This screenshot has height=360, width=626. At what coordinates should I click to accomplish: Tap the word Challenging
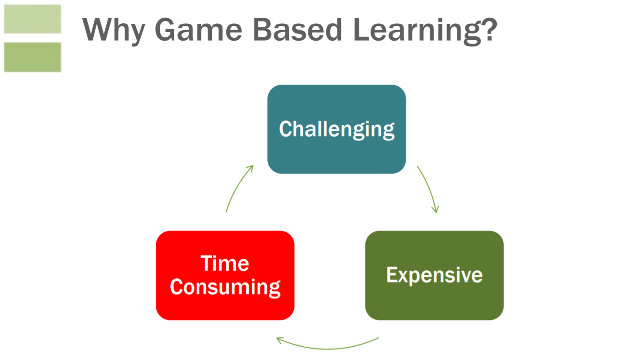(x=336, y=130)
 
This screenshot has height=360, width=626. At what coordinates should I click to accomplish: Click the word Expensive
(x=434, y=275)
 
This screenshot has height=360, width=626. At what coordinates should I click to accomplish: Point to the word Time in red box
(x=225, y=263)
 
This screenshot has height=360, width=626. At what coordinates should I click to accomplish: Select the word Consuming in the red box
(x=225, y=287)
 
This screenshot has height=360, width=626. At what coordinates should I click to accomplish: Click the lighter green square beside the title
(x=33, y=19)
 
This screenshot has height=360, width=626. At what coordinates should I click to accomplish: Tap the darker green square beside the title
(x=33, y=57)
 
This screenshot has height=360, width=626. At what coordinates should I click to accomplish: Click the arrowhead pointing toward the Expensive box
(x=435, y=209)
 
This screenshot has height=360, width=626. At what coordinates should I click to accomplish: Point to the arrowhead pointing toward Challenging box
(x=250, y=168)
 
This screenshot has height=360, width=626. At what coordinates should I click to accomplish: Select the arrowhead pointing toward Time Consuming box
(x=280, y=340)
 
